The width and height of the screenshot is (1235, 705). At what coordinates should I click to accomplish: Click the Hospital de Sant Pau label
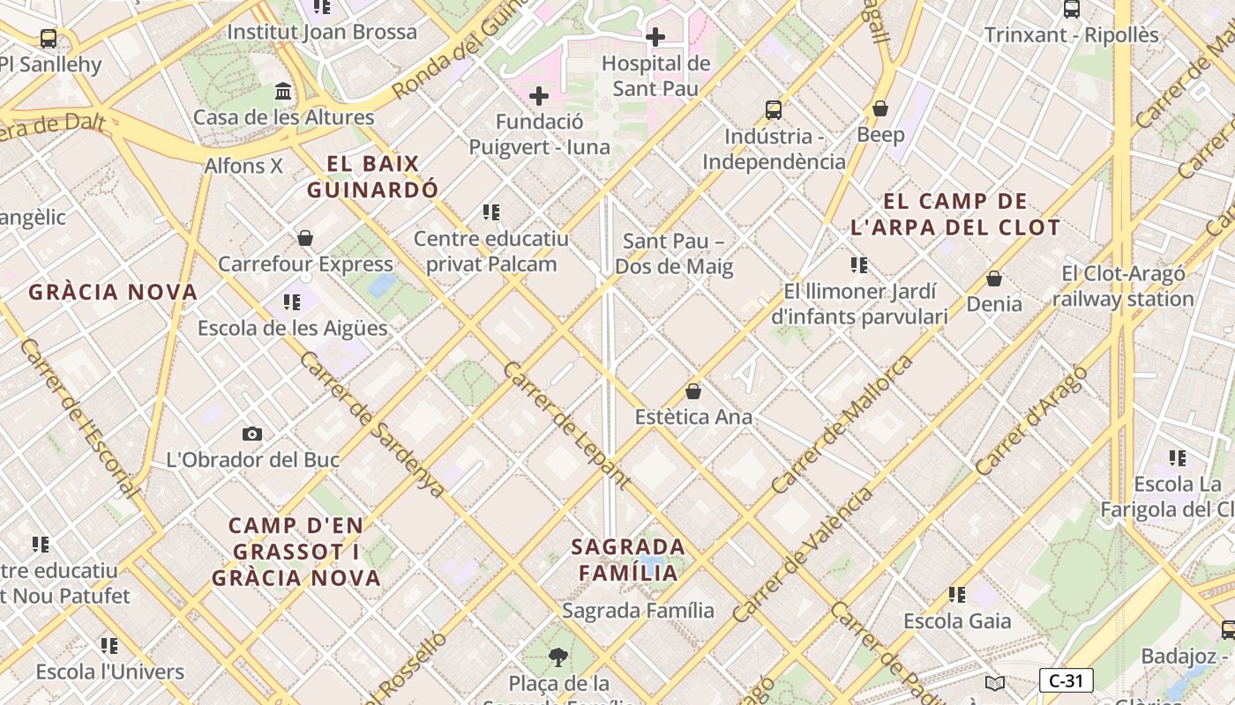coord(655,76)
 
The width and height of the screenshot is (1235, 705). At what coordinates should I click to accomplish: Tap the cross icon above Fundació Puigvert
coord(539,96)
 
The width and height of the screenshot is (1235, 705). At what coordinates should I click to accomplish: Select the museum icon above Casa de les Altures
coord(283,92)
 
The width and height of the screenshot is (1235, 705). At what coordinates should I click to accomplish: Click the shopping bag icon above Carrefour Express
coord(305,238)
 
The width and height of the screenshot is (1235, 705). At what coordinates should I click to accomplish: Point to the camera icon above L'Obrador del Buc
coord(252,434)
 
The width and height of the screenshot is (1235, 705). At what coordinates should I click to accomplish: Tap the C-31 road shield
coord(1066,680)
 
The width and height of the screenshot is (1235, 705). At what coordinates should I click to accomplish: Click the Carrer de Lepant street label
coord(566,425)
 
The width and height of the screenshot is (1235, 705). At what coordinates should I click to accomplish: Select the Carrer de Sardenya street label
coord(372,424)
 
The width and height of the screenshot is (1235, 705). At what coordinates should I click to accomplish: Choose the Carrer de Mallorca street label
coord(842,424)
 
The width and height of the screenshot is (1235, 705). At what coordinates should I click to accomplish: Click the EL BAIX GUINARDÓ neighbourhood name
coord(372,176)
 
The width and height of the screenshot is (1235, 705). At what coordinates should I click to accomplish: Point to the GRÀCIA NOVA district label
coord(113,292)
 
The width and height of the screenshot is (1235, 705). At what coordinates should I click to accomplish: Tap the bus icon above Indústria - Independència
coord(774,110)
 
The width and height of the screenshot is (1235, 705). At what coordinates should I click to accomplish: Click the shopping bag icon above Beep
coord(879,108)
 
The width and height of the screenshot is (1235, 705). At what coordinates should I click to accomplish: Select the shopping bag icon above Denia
coord(994,278)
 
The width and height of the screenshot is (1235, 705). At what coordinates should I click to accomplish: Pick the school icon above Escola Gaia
coord(957,595)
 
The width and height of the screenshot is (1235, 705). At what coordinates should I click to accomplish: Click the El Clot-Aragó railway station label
coord(1123,286)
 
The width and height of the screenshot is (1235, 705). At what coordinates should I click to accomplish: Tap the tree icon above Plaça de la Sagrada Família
coord(558,657)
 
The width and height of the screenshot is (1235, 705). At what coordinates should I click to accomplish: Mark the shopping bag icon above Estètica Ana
coord(693,391)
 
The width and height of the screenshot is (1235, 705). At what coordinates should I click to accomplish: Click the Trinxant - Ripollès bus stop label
coord(1072,35)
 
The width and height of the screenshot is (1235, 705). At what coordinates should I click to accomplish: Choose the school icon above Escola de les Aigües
coord(292,302)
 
